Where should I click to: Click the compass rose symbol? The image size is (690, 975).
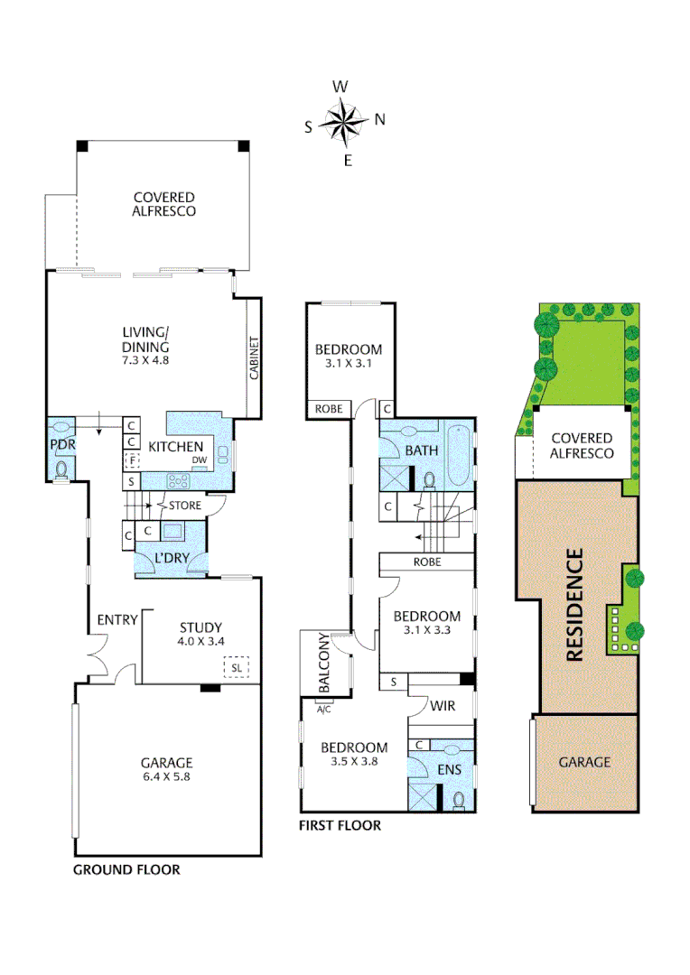344,124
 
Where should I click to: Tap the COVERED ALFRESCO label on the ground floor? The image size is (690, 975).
163,204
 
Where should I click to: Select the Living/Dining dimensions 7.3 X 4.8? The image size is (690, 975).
145,359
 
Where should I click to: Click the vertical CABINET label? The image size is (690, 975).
255,358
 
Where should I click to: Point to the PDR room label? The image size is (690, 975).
60,445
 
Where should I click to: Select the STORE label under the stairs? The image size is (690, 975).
184,506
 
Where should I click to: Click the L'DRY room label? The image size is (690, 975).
171,559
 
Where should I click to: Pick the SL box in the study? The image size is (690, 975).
237,668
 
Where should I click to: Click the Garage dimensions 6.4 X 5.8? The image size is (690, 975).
166,775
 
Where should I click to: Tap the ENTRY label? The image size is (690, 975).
118,620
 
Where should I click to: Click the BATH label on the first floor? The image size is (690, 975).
422,450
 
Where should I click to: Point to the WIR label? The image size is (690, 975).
442,704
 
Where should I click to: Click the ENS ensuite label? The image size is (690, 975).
449,769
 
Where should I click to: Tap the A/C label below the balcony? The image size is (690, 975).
323,710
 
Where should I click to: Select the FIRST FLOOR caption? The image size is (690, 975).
340,825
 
